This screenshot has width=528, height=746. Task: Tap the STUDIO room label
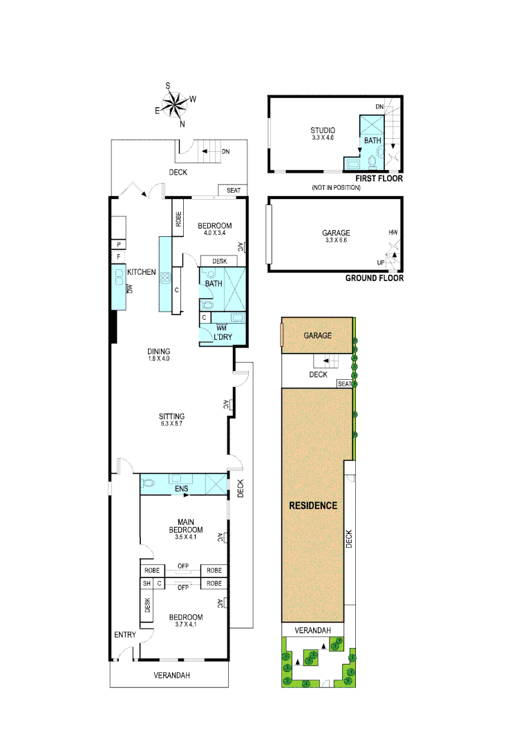coord(323,130)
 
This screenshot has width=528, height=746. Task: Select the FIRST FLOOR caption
coord(379,179)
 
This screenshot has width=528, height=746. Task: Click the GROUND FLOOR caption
coord(374,278)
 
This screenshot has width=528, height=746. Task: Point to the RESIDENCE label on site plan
coord(313,506)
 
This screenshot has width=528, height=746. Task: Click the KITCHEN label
coord(141,272)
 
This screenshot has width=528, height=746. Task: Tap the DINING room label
coord(158,351)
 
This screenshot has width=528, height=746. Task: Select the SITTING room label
coord(172,417)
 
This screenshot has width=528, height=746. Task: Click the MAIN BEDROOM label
coord(184,526)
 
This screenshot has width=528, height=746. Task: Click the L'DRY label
coord(223,337)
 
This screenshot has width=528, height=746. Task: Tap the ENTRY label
coord(124,635)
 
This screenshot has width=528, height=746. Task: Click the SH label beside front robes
coord(147,584)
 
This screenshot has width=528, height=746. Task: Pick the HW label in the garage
coord(393,233)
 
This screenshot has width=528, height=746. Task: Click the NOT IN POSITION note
coord(336,187)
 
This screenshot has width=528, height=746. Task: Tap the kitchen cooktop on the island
coord(166,279)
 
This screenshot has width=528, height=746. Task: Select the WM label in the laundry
coord(221,327)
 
